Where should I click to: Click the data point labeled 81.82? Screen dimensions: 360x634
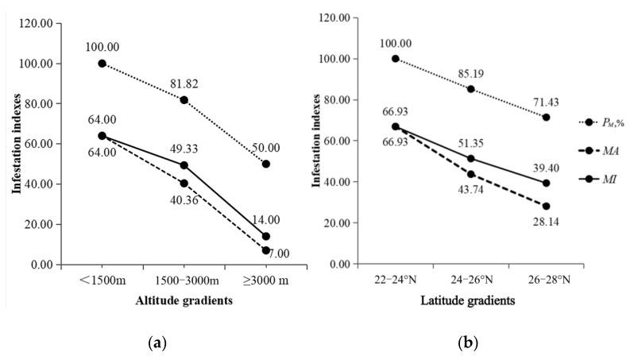[x=184, y=100]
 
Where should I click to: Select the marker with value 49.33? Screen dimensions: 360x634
[x=184, y=165]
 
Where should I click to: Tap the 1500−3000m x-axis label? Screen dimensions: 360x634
[x=184, y=281]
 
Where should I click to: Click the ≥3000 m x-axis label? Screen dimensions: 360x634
[x=266, y=281]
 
